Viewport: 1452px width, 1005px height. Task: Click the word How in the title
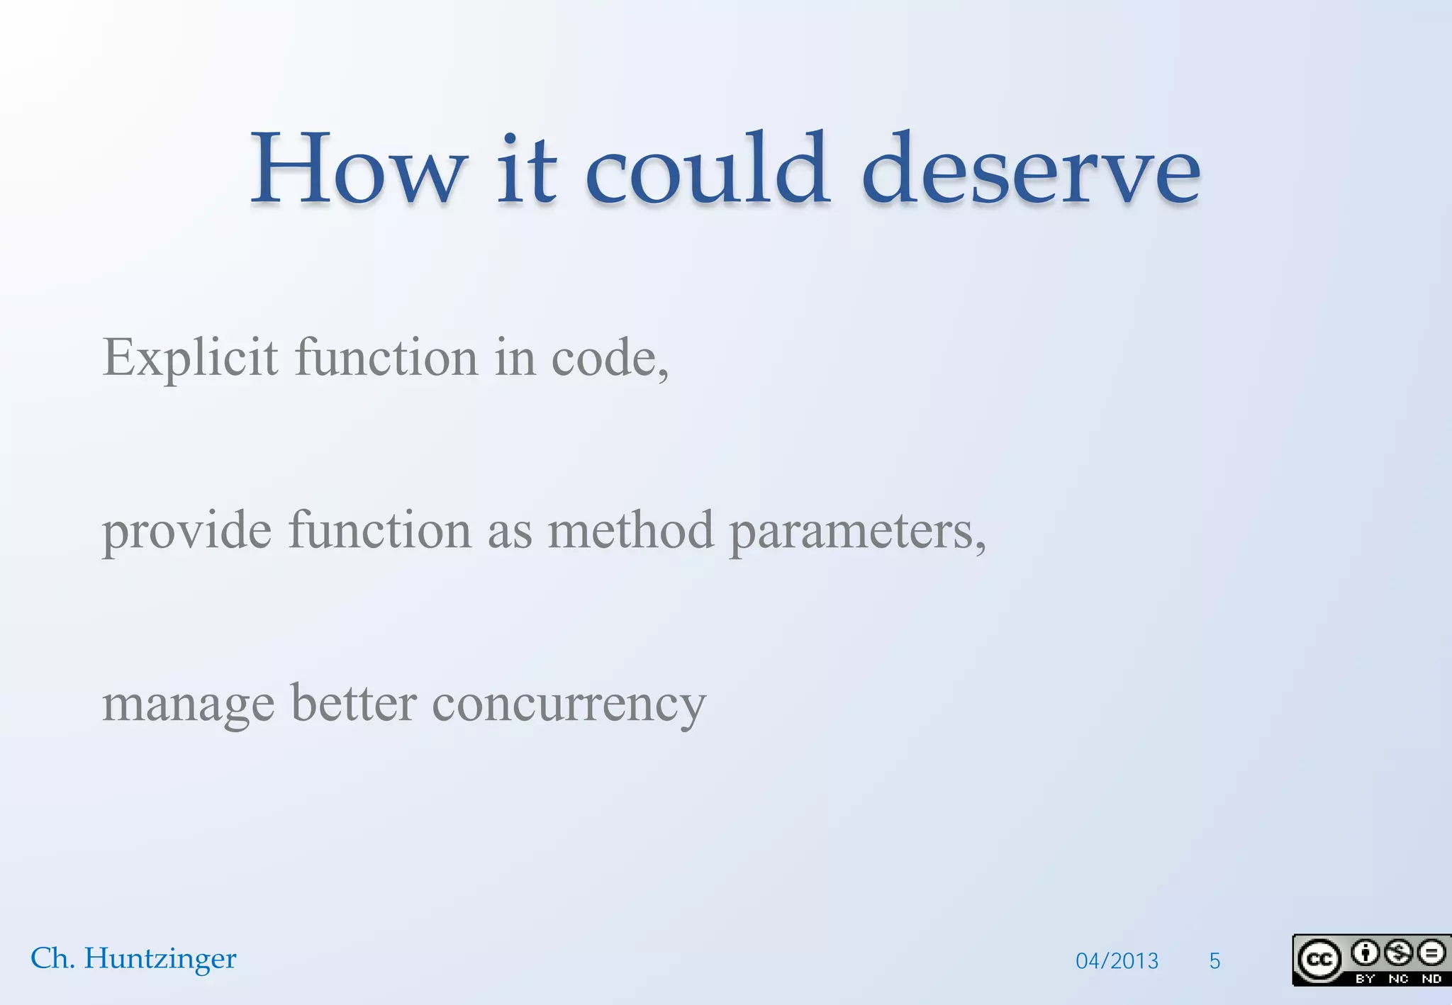coord(358,170)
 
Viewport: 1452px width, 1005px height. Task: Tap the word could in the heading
coord(706,170)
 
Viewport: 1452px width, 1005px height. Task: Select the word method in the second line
coord(630,531)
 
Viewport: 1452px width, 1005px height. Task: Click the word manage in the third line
coord(188,706)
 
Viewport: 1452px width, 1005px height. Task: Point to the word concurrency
coord(569,706)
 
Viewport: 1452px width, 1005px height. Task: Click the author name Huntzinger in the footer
coord(160,959)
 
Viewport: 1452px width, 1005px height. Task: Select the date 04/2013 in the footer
coord(1117,961)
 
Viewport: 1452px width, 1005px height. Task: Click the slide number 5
coord(1214,961)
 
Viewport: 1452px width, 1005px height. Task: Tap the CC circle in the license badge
coord(1319,960)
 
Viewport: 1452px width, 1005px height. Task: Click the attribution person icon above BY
coord(1365,953)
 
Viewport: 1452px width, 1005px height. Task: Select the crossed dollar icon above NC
coord(1398,953)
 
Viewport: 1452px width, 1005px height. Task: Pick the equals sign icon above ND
coord(1431,953)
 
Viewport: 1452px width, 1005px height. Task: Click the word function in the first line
coord(386,358)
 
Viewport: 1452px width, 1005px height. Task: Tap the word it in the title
coord(526,170)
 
